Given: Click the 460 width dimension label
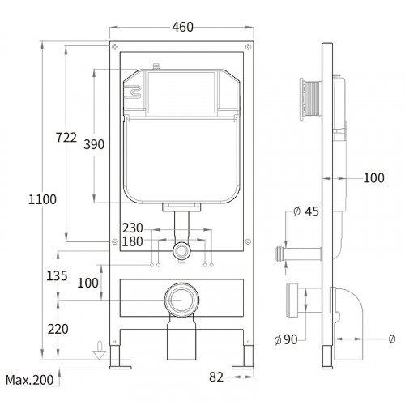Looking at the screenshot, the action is pyautogui.click(x=183, y=27).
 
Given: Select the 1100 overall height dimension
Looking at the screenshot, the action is pyautogui.click(x=42, y=199).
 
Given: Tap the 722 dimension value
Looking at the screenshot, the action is pyautogui.click(x=66, y=138).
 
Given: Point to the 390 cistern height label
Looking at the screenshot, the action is pyautogui.click(x=94, y=144).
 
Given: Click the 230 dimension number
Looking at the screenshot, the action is pyautogui.click(x=132, y=228).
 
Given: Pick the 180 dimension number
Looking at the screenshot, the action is pyautogui.click(x=132, y=241).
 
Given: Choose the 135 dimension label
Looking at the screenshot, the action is pyautogui.click(x=57, y=276).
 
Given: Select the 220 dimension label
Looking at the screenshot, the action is pyautogui.click(x=58, y=329).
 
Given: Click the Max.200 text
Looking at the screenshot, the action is pyautogui.click(x=29, y=380).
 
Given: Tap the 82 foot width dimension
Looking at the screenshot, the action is pyautogui.click(x=216, y=377).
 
